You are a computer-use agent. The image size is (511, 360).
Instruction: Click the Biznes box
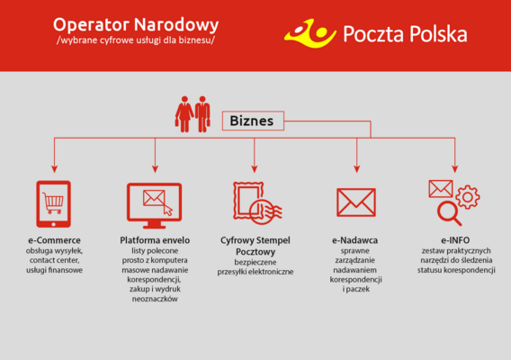253,121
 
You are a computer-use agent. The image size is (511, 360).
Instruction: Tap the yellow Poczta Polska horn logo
309,34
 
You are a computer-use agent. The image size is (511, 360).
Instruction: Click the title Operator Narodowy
136,25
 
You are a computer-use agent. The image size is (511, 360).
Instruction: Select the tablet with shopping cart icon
53,204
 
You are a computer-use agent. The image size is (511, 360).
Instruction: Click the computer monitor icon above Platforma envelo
154,206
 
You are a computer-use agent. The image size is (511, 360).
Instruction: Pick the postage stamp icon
257,203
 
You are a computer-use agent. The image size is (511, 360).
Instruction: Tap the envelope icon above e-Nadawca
356,202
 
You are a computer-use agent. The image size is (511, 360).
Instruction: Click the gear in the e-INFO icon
467,197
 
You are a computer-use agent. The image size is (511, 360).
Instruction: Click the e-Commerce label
54,240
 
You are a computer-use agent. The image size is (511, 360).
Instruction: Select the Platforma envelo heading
155,240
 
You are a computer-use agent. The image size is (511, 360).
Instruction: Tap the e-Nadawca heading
354,240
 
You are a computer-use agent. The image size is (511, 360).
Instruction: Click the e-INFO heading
455,240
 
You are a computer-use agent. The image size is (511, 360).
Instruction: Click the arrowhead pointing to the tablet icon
54,169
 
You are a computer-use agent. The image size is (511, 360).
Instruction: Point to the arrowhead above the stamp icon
255,169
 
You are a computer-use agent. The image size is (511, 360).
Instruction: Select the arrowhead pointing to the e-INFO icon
455,169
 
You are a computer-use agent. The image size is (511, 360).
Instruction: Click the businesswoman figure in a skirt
184,114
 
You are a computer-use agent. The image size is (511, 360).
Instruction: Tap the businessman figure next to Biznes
202,114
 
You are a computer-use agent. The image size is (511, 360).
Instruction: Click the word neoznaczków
155,299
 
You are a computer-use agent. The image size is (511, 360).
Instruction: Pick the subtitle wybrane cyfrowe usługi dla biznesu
136,40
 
